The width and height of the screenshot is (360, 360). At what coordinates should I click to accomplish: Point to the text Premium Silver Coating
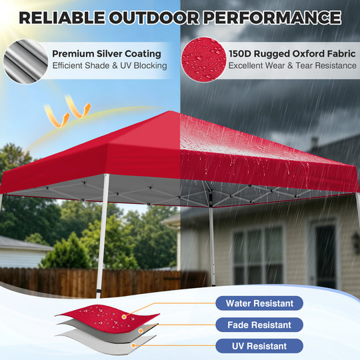pyautogui.click(x=106, y=53)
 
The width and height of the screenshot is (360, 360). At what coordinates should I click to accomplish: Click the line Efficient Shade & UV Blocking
pyautogui.click(x=109, y=65)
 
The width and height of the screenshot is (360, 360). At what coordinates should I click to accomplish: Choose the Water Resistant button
pyautogui.click(x=259, y=303)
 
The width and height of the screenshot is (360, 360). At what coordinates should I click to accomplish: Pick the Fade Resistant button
pyautogui.click(x=259, y=325)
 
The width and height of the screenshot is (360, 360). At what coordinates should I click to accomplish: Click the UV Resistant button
pyautogui.click(x=259, y=346)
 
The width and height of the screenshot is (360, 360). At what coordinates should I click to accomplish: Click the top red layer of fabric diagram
pyautogui.click(x=107, y=314)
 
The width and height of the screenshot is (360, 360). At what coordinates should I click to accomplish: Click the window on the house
pyautogui.click(x=257, y=254)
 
